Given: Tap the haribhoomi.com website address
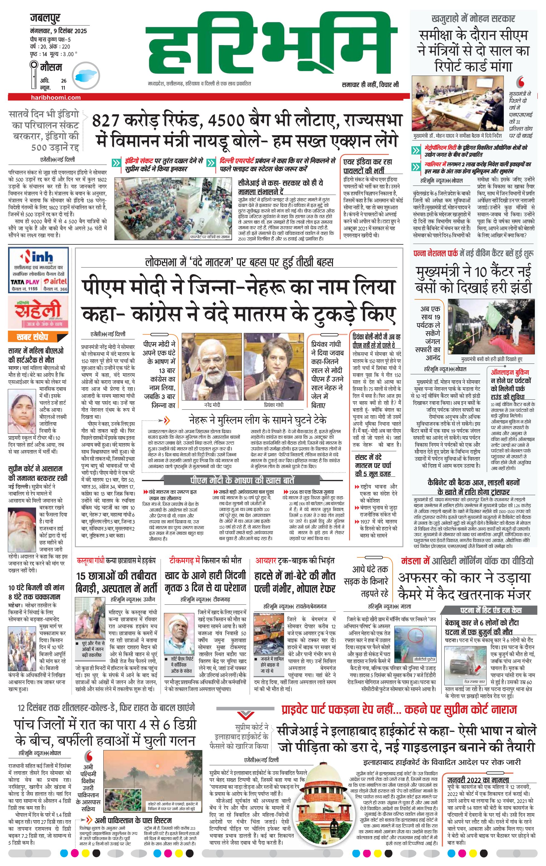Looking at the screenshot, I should coord(56,97).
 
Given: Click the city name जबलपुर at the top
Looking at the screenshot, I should coord(45,18).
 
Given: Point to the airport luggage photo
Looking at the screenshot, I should coord(173,209).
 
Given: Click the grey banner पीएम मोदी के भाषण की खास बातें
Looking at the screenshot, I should coord(242,480).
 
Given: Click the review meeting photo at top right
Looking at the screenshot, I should coord(458,103).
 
